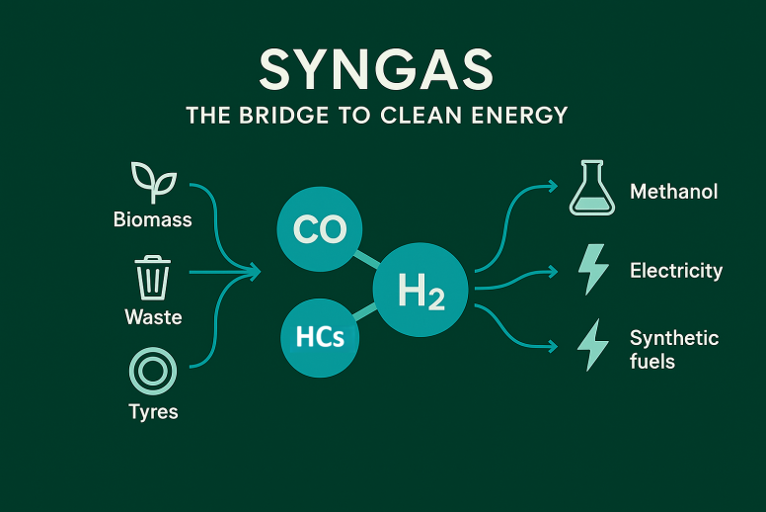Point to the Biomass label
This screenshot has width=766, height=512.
pyautogui.click(x=153, y=218)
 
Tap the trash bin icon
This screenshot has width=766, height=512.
pyautogui.click(x=153, y=277)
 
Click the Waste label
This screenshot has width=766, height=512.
pyautogui.click(x=153, y=317)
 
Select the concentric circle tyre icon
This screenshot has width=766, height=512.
pyautogui.click(x=153, y=372)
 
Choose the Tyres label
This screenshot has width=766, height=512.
pyautogui.click(x=153, y=411)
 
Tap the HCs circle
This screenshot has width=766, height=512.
pyautogui.click(x=320, y=337)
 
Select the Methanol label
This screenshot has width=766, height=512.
pyautogui.click(x=674, y=191)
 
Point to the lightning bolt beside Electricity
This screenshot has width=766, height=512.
pyautogui.click(x=592, y=269)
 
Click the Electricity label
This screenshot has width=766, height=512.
pyautogui.click(x=676, y=270)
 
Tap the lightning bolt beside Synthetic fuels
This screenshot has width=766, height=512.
pyautogui.click(x=592, y=345)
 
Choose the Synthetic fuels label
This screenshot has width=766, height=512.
pyautogui.click(x=674, y=349)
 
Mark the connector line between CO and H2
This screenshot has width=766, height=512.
pyautogui.click(x=368, y=260)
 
